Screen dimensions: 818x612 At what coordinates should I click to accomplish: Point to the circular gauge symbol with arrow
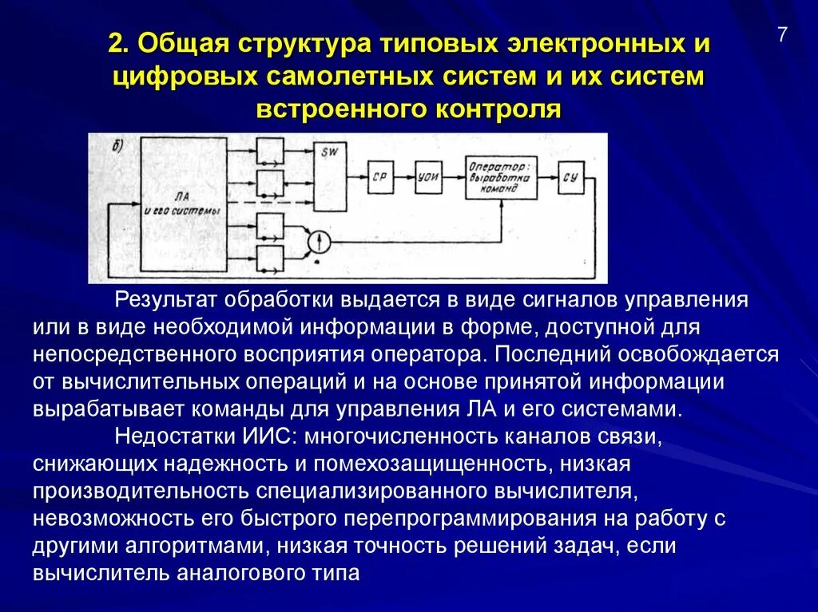pos(320,239)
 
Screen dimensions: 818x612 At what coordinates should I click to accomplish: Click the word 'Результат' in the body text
pos(165,301)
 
